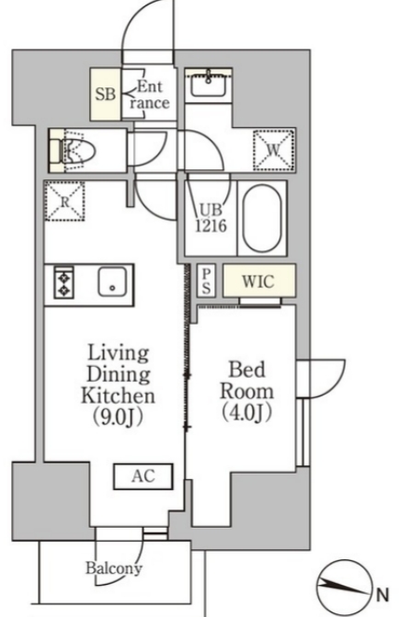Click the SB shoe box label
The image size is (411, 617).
(x=106, y=94)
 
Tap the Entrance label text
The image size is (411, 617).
(x=150, y=95)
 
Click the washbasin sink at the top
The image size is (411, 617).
(x=209, y=83)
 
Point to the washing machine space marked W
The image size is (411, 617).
(x=274, y=150)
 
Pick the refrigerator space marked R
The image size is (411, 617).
(x=65, y=201)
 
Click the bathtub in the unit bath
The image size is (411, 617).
(x=262, y=218)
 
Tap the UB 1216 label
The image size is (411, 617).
(x=211, y=218)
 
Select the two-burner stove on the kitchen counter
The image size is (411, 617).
(x=64, y=281)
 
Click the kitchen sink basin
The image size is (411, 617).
(x=112, y=281)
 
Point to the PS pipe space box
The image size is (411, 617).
(x=207, y=281)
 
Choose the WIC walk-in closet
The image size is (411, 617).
(x=259, y=280)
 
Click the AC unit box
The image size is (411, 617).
(x=143, y=476)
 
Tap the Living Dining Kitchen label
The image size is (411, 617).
(x=118, y=374)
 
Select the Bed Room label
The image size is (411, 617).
(x=246, y=380)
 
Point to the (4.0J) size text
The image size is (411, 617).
(x=246, y=412)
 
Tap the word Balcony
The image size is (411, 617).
(x=114, y=568)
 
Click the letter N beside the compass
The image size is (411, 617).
(x=382, y=594)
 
